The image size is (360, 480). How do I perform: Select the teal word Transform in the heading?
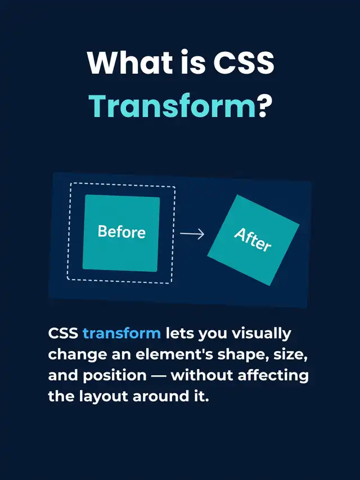coord(172,106)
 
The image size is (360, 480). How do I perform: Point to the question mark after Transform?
coord(264,106)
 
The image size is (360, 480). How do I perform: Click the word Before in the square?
coord(121,232)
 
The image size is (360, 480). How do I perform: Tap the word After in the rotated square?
coord(253,240)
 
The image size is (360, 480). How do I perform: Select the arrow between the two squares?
coord(192,234)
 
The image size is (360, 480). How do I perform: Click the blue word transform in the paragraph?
coord(121,333)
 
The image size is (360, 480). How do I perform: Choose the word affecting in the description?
coord(273,375)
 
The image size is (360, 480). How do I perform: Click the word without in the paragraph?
coord(202,375)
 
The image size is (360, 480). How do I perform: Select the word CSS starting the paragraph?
coord(63,333)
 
